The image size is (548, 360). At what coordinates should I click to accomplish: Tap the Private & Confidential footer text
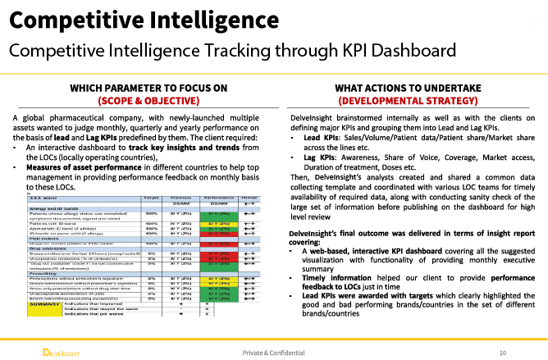pos(274,352)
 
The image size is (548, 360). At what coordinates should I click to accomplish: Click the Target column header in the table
pos(151,175)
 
